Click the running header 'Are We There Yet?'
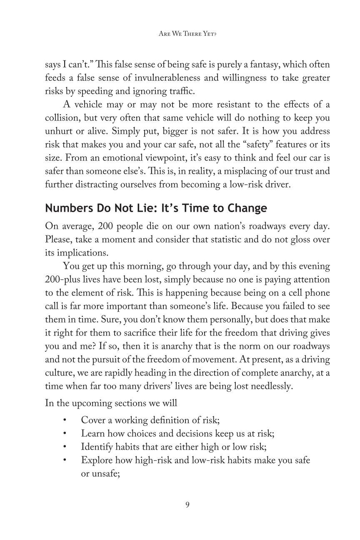(187, 34)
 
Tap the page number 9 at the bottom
(187, 505)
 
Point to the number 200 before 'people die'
(105, 226)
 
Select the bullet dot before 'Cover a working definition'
(65, 420)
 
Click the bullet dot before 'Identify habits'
(65, 447)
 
